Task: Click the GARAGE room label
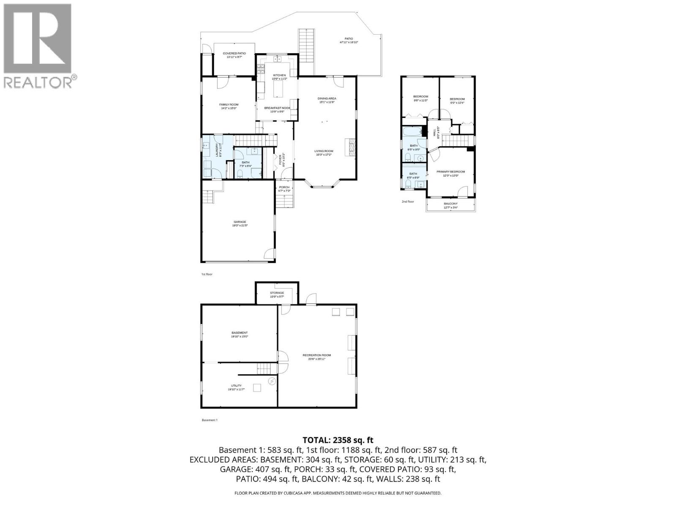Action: (x=240, y=222)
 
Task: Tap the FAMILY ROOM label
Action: (x=229, y=105)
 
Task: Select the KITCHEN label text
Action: (x=279, y=75)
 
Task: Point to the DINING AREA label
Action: (x=327, y=98)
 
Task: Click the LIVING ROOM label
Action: (x=324, y=151)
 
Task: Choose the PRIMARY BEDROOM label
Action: (x=450, y=172)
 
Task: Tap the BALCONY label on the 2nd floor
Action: (x=450, y=204)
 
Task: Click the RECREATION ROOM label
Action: (x=316, y=355)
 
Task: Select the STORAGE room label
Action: (x=277, y=293)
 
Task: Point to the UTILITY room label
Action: (x=236, y=386)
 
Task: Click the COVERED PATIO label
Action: (x=234, y=54)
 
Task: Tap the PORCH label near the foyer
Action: (x=284, y=187)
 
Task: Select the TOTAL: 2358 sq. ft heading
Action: (x=338, y=440)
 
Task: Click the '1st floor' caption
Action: (x=207, y=274)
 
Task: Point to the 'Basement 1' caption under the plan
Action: (x=210, y=420)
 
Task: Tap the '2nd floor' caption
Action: (x=408, y=202)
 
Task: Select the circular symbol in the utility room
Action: (x=272, y=382)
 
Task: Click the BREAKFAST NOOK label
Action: (x=277, y=108)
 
